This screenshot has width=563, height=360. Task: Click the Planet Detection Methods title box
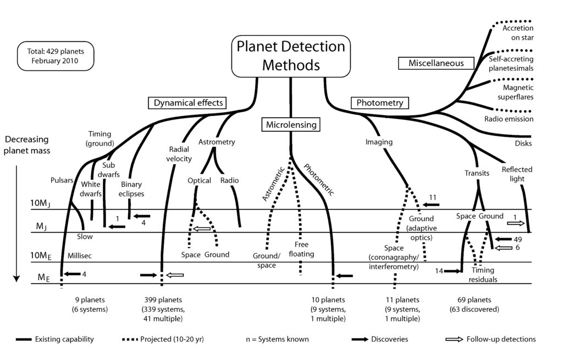point(290,56)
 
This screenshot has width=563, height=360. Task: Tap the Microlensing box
point(291,124)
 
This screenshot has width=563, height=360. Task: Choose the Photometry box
point(379,102)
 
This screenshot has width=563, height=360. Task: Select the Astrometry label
point(217,142)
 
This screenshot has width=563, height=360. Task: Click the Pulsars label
point(61,180)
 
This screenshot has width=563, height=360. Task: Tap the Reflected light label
point(517,174)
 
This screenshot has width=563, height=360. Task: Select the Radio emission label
point(509,119)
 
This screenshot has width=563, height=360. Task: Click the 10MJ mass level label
point(41,204)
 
